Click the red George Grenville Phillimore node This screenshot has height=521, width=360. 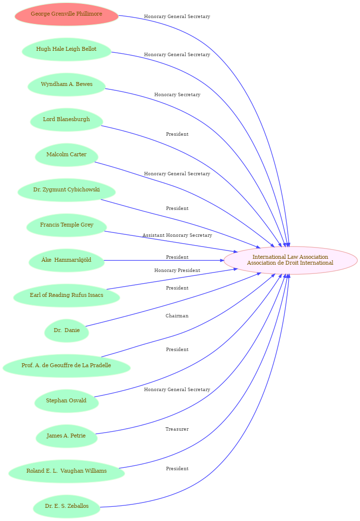click(66, 14)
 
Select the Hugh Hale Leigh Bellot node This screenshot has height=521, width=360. click(66, 49)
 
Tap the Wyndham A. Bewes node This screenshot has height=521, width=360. click(66, 84)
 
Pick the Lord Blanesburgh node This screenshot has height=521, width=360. click(66, 120)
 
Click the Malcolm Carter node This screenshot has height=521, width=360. click(66, 155)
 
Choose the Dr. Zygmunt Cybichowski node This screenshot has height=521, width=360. click(66, 190)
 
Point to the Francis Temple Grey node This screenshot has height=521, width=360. click(66, 225)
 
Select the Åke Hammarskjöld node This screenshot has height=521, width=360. click(66, 261)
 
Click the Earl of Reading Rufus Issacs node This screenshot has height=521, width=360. click(66, 295)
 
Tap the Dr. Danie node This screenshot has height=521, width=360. click(66, 331)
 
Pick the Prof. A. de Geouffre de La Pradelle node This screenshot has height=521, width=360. click(66, 366)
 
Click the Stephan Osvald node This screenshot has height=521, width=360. click(66, 401)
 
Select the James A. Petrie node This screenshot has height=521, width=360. click(66, 436)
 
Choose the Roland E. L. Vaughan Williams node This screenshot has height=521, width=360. click(66, 471)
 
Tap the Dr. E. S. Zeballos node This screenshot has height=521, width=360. click(66, 506)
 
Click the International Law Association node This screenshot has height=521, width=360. click(291, 261)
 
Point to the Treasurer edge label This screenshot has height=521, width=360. click(177, 429)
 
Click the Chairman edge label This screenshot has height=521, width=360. click(177, 316)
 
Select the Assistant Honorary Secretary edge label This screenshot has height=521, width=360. click(177, 235)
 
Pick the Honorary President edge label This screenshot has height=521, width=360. click(177, 271)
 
